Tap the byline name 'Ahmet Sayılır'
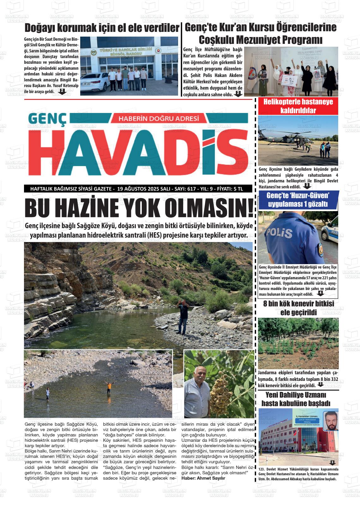[x=211, y=478]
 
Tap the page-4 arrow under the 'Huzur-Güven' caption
[x=321, y=293]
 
